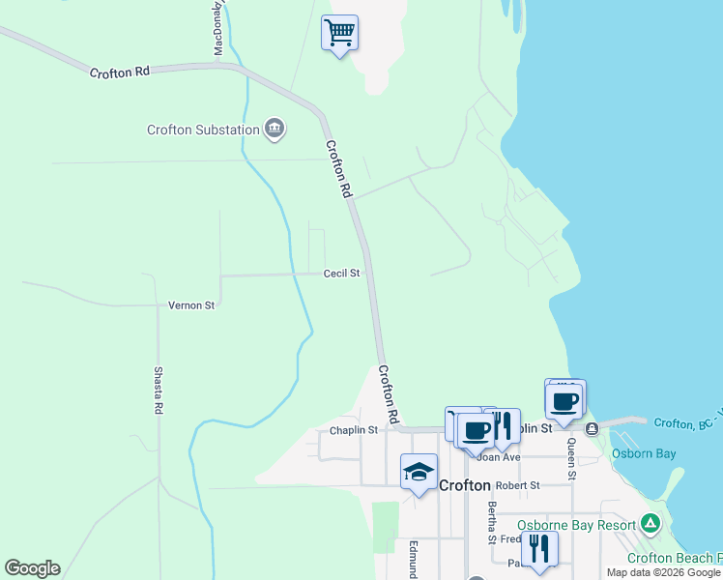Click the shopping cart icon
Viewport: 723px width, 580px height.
[x=339, y=33]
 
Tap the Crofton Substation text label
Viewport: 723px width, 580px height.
[x=203, y=130]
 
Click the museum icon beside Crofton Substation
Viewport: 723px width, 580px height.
[x=275, y=129]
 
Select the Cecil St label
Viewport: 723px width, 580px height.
[x=341, y=274]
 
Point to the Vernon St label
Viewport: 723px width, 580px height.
[x=191, y=305]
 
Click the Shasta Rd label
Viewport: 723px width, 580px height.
[x=159, y=391]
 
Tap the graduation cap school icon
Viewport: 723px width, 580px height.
[x=419, y=472]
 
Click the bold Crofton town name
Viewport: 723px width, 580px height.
[x=465, y=485]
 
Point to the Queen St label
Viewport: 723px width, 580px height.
[x=571, y=459]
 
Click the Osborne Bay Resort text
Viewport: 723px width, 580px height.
[x=576, y=525]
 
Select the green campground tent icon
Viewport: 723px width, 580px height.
[x=651, y=524]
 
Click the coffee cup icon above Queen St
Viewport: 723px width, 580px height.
[x=565, y=400]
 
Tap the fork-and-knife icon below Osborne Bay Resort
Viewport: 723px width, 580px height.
[x=538, y=548]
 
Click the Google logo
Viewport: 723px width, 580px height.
[x=32, y=568]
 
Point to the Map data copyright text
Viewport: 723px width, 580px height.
[x=664, y=572]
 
